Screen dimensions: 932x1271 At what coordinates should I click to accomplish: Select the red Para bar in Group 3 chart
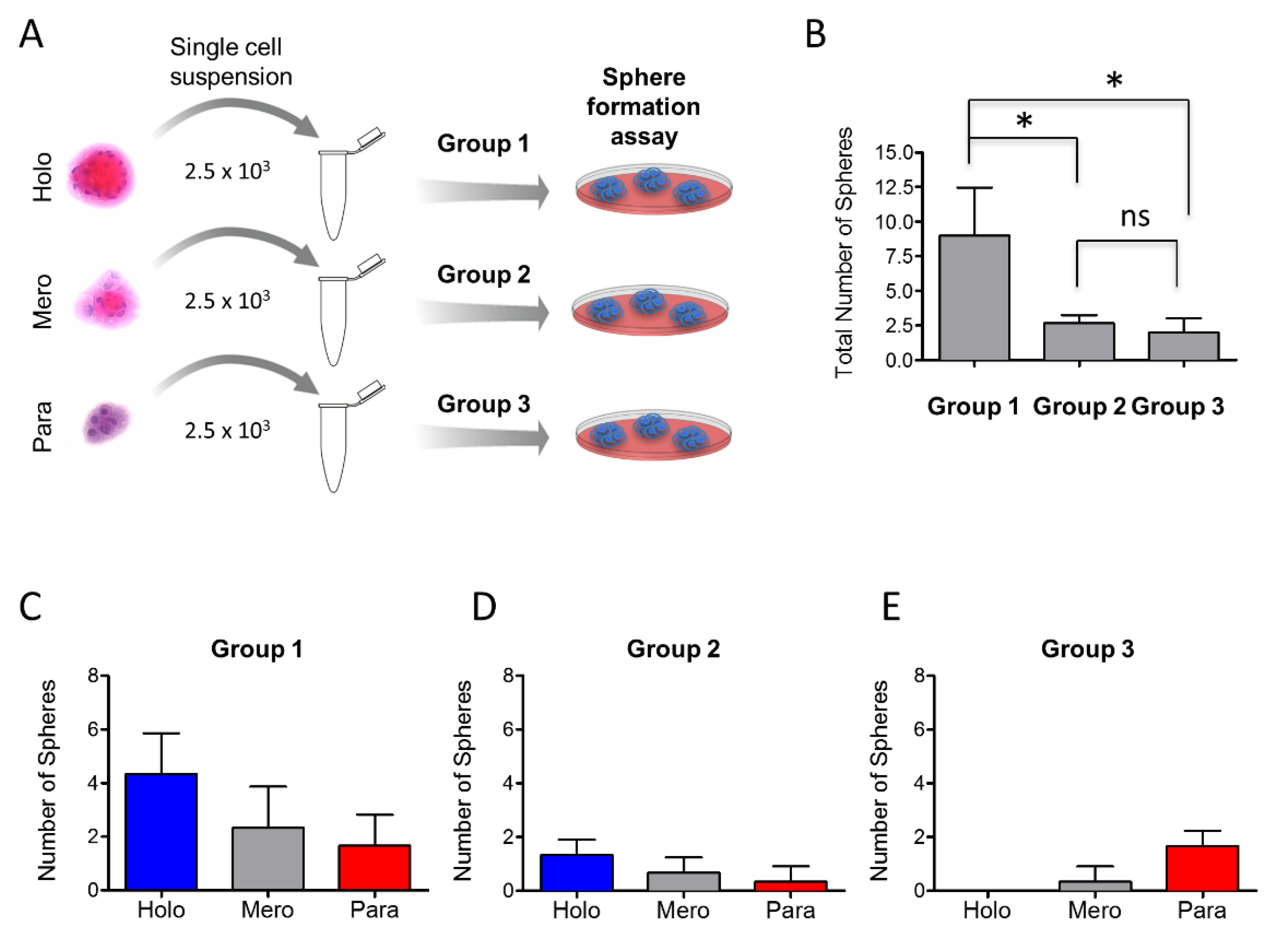1201,868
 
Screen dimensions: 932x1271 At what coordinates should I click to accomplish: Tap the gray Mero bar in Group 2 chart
683,881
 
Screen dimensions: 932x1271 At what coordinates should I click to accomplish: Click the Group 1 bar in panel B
974,297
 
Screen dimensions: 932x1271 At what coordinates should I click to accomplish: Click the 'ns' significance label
1134,217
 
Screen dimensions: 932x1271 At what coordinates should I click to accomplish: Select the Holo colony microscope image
102,176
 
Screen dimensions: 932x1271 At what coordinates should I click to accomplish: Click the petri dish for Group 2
650,311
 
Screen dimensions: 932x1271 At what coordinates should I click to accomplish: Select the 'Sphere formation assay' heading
643,107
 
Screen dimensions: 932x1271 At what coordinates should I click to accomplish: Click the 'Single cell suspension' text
231,62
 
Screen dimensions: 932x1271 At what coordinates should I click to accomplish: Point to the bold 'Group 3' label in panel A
483,404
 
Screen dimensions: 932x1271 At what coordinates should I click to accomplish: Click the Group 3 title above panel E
1087,649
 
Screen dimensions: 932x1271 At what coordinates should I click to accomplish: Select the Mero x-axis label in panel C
267,910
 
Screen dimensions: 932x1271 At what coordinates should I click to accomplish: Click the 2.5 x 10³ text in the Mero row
227,300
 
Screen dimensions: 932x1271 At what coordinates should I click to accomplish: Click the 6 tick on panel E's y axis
919,729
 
